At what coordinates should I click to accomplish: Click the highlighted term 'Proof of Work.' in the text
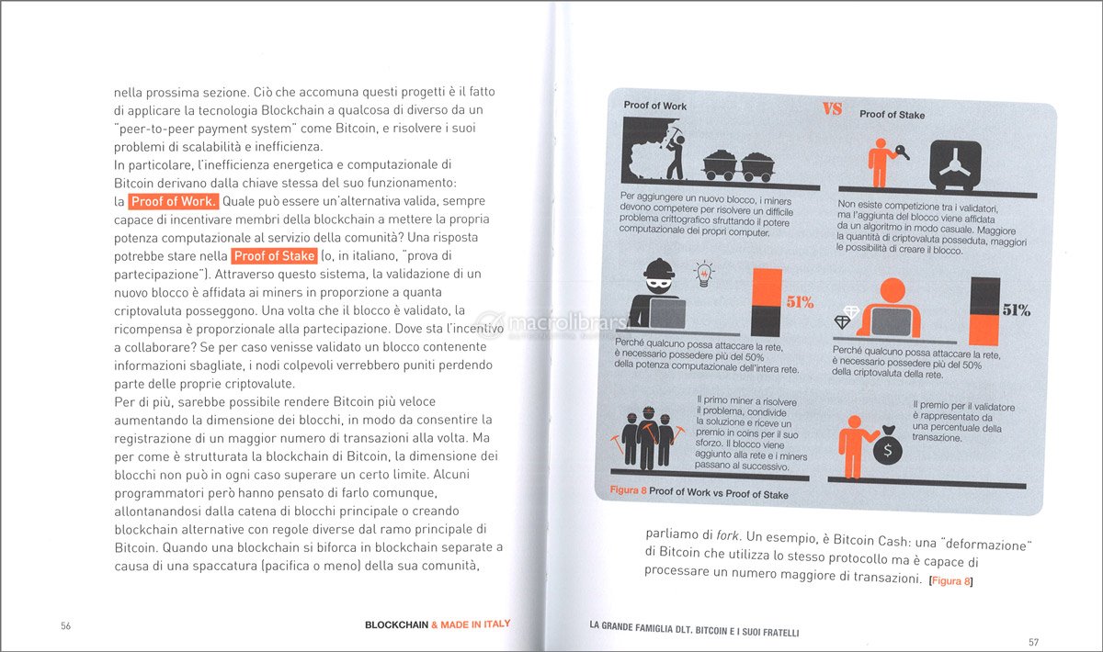pyautogui.click(x=174, y=201)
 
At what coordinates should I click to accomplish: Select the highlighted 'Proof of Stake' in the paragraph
pyautogui.click(x=274, y=256)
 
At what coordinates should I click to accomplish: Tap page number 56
pyautogui.click(x=65, y=625)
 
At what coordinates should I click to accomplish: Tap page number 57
pyautogui.click(x=1033, y=641)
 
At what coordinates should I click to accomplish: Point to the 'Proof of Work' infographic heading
pyautogui.click(x=654, y=106)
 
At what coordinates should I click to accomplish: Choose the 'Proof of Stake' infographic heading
pyautogui.click(x=892, y=115)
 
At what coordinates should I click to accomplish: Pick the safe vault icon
pyautogui.click(x=958, y=166)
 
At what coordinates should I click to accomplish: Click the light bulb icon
pyautogui.click(x=705, y=274)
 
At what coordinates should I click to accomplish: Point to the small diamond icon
pyautogui.click(x=843, y=321)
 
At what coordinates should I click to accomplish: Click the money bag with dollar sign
pyautogui.click(x=887, y=447)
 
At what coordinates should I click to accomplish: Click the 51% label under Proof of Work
pyautogui.click(x=799, y=302)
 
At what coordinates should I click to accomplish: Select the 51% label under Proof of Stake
pyautogui.click(x=1016, y=310)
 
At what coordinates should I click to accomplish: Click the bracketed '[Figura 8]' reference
pyautogui.click(x=950, y=579)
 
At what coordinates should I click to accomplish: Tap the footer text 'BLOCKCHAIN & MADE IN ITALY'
pyautogui.click(x=438, y=624)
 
